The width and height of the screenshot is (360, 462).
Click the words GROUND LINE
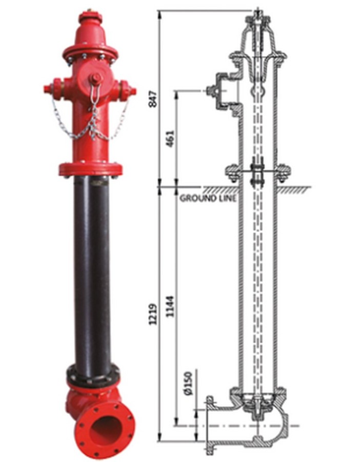[x=208, y=198]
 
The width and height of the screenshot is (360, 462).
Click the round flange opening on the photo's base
[x=104, y=427]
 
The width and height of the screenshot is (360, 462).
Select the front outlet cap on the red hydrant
[x=96, y=79]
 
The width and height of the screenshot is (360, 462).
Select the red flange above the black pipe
[x=91, y=168]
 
